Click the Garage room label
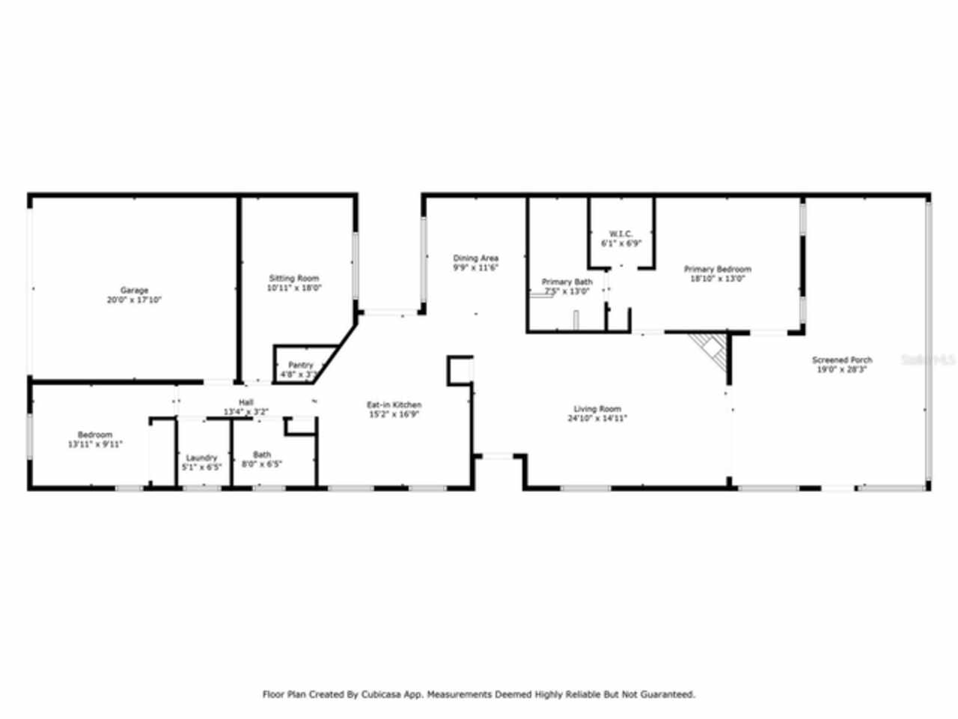135,291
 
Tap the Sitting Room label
294,279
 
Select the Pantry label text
300,365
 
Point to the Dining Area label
475,259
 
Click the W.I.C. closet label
621,234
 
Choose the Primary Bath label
567,282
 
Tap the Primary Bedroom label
717,269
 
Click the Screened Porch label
842,360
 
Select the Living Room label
597,409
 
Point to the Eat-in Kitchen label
394,405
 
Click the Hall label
246,403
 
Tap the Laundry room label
202,458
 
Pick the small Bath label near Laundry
262,455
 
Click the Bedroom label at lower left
95,435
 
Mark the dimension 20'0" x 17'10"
135,300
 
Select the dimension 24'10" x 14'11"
597,419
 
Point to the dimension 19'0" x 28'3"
842,369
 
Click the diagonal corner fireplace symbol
710,348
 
